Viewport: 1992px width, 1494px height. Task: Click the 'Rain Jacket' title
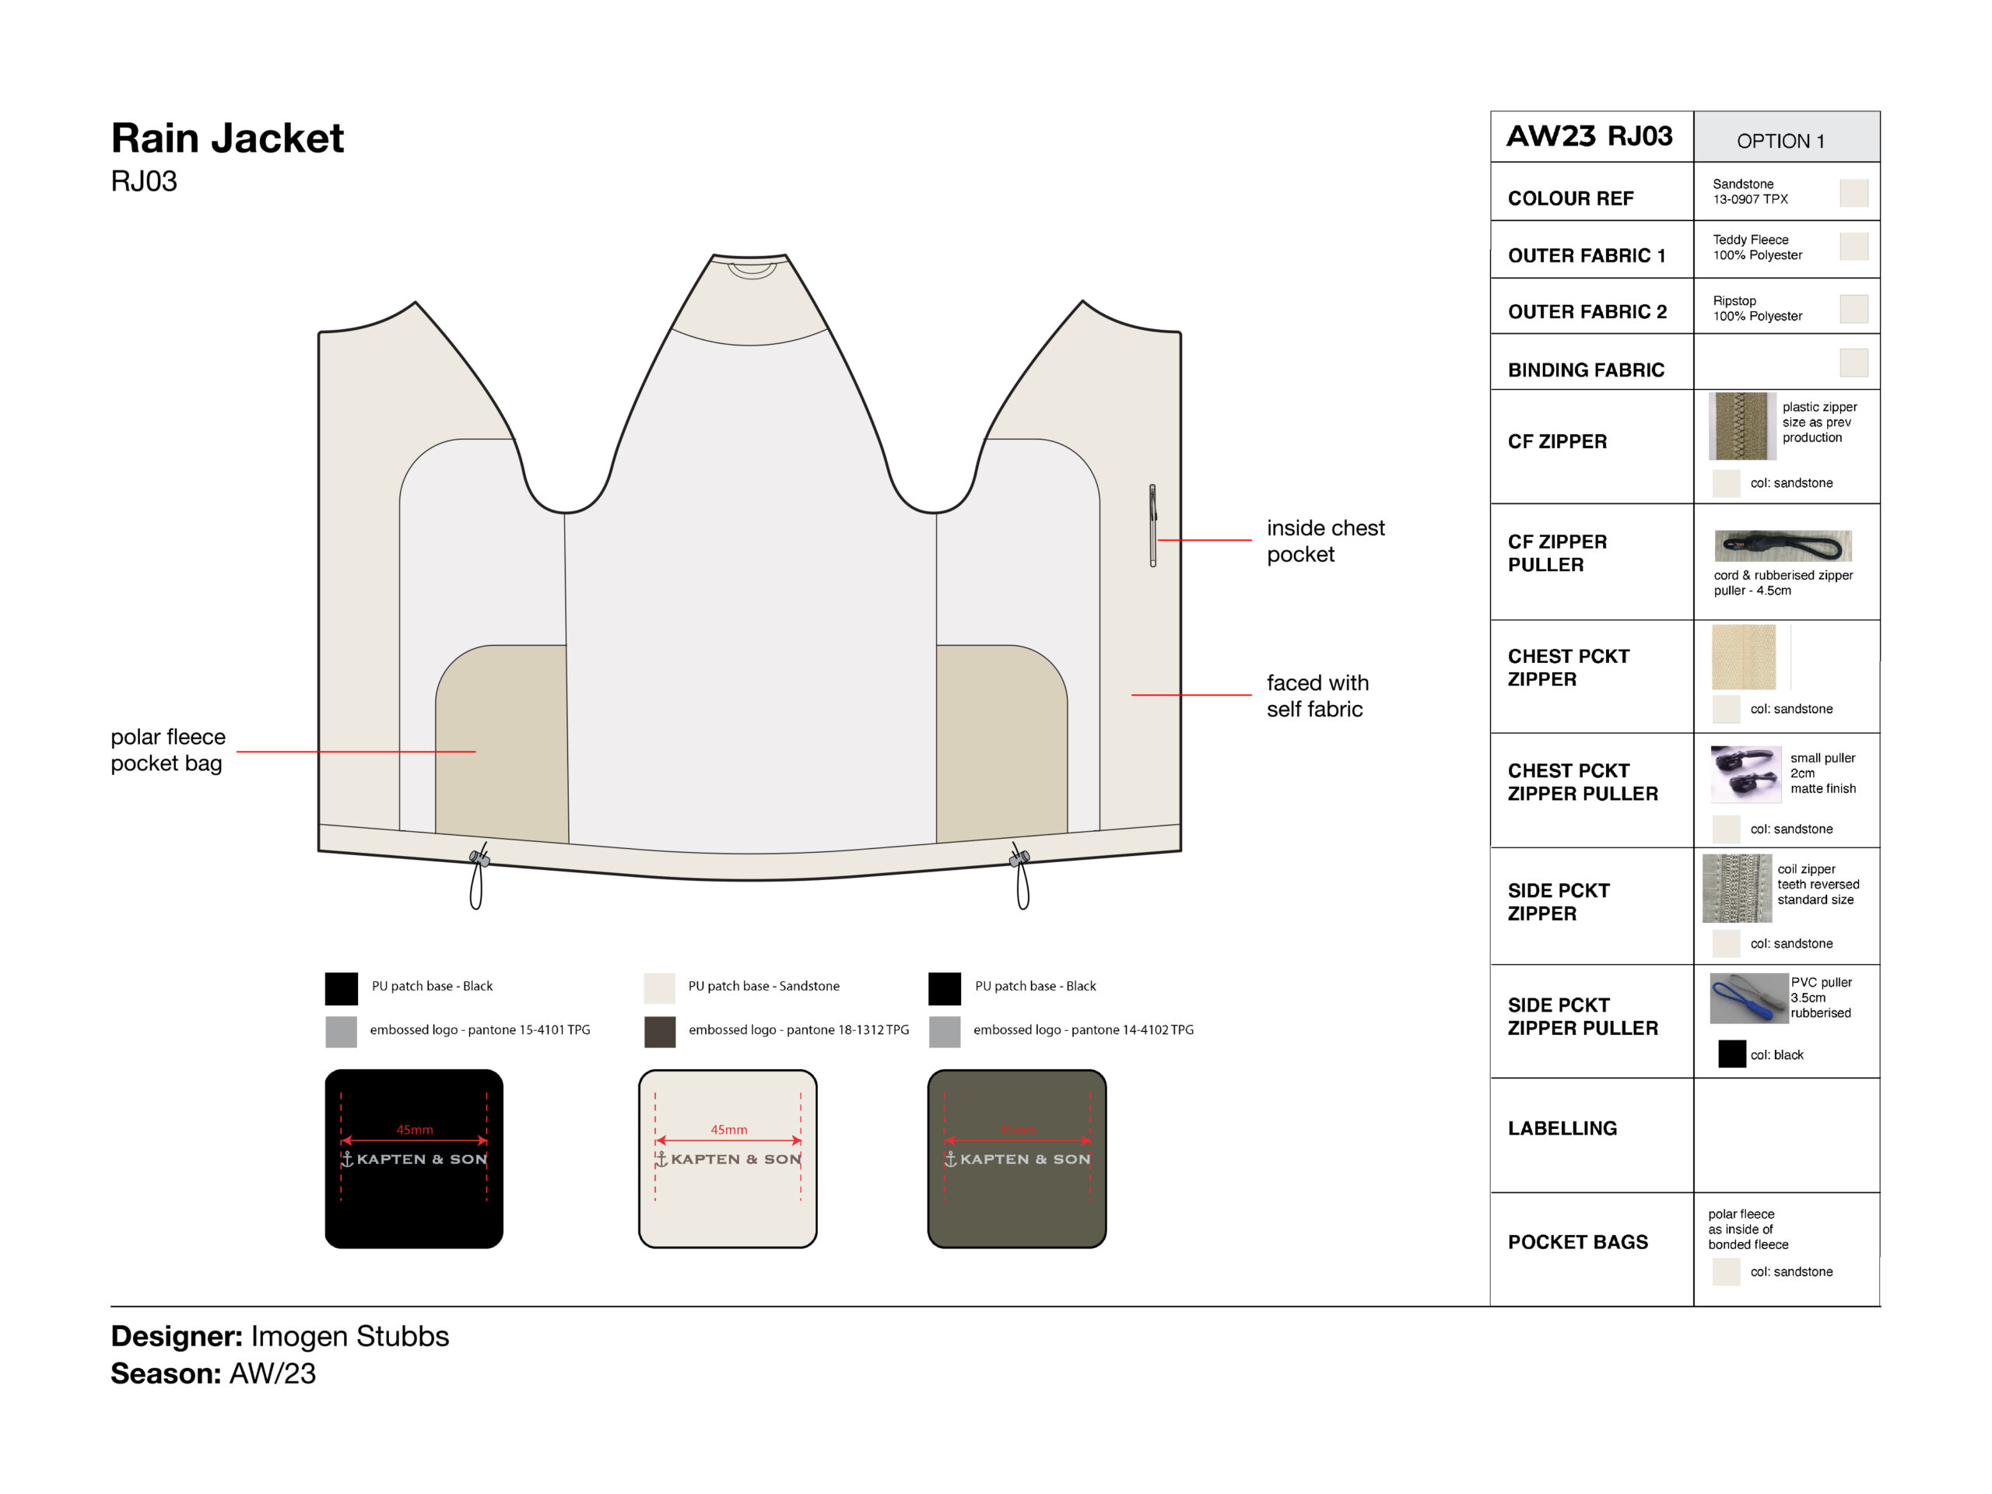pos(227,138)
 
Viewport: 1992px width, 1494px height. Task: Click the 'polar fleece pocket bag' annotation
pos(168,749)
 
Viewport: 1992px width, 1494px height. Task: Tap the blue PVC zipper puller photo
pos(1748,998)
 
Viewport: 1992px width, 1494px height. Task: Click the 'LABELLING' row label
pos(1562,1128)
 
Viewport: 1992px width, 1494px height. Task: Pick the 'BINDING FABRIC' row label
pos(1586,370)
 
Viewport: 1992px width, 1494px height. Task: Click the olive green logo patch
pos(1017,1158)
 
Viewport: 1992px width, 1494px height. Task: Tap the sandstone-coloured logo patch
pos(728,1158)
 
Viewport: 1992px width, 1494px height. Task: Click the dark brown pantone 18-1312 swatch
pos(660,1031)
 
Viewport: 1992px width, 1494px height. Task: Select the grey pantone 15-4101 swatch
pos(342,1031)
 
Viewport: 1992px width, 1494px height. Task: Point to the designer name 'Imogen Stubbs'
pos(350,1335)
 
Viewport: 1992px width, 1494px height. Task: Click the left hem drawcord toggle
pos(480,859)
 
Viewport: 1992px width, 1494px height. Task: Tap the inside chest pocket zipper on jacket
pos(1152,526)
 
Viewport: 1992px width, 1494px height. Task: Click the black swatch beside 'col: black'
pos(1732,1054)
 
